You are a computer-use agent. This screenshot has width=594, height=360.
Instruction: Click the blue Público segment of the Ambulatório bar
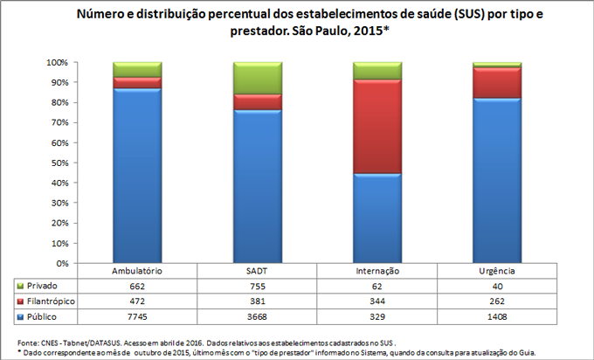tap(137, 175)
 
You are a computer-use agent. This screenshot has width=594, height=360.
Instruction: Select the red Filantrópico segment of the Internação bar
tap(377, 127)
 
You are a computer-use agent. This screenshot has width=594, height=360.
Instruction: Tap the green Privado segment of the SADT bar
tap(257, 78)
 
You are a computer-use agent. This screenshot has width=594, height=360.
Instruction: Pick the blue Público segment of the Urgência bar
tap(497, 180)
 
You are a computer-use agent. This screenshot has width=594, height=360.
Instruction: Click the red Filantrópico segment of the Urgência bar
tap(497, 82)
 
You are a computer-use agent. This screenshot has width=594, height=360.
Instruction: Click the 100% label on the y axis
tap(56, 63)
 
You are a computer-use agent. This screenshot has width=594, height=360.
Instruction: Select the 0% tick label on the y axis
tap(60, 263)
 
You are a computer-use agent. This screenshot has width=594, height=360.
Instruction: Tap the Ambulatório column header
tap(137, 272)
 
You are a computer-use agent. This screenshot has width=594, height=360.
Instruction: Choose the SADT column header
tap(257, 272)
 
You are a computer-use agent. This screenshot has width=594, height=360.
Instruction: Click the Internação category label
tap(377, 272)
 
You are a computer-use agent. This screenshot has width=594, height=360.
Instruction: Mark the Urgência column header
tap(497, 272)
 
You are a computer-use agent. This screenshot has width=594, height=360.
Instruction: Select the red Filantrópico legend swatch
tap(21, 301)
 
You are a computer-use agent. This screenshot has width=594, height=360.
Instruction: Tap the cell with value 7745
tap(137, 315)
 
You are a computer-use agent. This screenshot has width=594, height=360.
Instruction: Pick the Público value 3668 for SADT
tap(257, 315)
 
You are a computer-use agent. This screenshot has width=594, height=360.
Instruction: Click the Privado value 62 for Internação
tap(377, 286)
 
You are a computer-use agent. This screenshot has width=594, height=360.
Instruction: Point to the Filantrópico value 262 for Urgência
tap(497, 301)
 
